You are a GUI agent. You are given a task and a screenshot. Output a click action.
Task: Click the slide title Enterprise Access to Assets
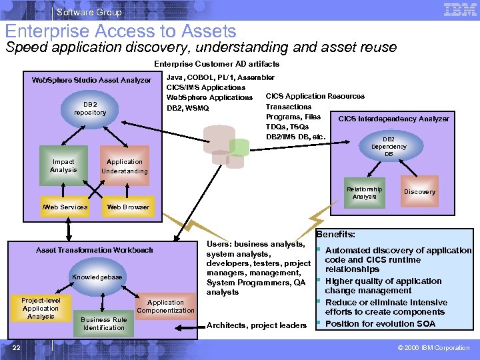coord(121,31)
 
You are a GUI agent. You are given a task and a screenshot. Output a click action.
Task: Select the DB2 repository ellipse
coord(90,109)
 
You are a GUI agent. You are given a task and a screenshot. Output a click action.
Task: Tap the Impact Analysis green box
coord(63,166)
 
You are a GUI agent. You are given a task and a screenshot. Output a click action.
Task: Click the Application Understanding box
coord(125,166)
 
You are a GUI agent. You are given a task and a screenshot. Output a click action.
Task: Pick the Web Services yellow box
coord(65,207)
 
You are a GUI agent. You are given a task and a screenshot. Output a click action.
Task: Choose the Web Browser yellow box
coord(128,207)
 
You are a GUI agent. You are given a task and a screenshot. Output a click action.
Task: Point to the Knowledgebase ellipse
coord(97,277)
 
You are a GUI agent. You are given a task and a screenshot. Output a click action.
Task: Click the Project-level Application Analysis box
coord(41,308)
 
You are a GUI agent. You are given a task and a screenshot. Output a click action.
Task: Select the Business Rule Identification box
coord(104,323)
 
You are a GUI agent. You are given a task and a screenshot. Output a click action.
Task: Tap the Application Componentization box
coord(165,307)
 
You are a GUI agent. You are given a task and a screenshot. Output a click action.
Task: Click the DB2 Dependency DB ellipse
coord(389,147)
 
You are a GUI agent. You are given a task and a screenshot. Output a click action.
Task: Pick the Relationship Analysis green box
coord(364,192)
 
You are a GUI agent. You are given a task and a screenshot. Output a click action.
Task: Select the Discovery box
coord(420,192)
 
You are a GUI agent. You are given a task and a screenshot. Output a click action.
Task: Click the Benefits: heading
coord(335,235)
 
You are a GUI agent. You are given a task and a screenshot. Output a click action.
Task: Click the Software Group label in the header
coord(89,12)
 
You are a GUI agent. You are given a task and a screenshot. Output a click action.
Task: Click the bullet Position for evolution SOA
coord(380,324)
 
